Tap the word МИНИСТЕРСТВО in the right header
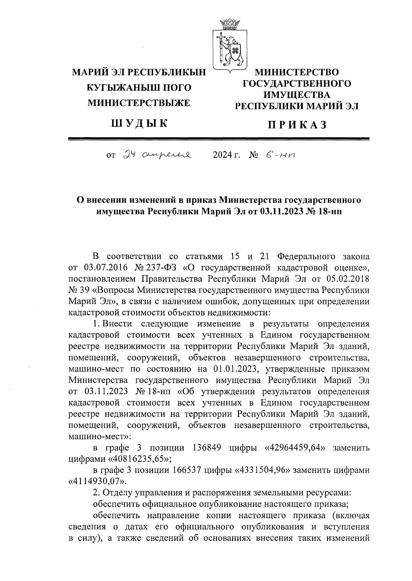coord(296,72)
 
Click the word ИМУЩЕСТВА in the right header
coord(297,95)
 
